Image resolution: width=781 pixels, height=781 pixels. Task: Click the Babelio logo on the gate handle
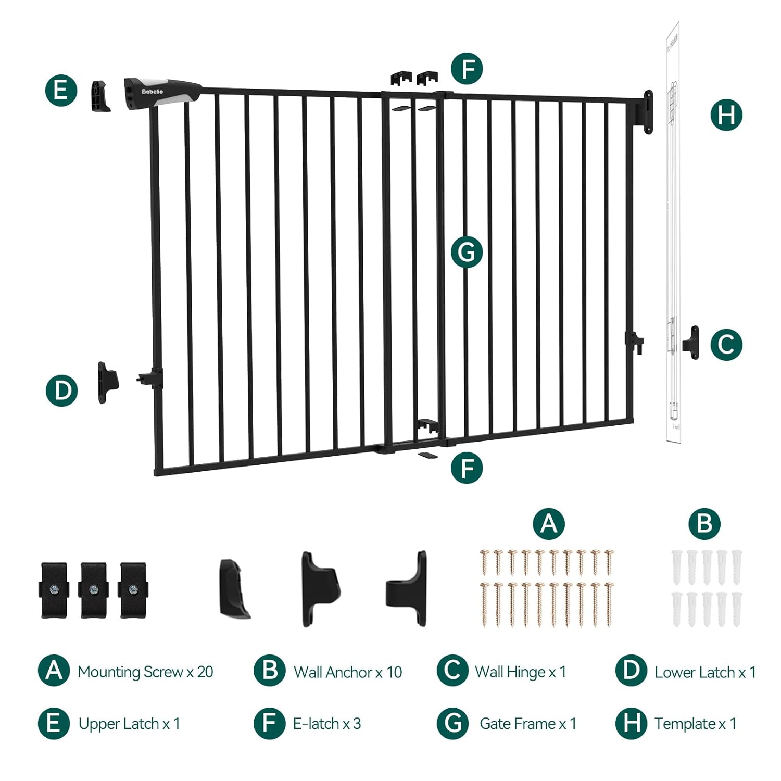[153, 92]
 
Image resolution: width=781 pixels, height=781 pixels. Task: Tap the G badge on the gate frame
[467, 253]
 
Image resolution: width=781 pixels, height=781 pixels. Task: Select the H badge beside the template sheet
[726, 115]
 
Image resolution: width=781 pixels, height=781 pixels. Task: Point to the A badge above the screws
[549, 523]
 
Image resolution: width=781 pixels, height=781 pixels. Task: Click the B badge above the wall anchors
[704, 523]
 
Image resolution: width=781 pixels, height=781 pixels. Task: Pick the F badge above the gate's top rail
[467, 68]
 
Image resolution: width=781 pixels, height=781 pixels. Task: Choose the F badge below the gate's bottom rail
[467, 467]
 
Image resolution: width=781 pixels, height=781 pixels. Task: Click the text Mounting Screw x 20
[145, 672]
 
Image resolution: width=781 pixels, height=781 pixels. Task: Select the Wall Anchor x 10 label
[348, 672]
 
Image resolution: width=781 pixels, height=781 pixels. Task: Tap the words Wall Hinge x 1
[520, 672]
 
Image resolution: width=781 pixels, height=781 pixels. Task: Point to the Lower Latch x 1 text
[705, 672]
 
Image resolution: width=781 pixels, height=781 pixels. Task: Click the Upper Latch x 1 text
[129, 724]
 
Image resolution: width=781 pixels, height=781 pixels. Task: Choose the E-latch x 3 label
[327, 724]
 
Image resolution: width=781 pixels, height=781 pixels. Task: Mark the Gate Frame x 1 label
[528, 724]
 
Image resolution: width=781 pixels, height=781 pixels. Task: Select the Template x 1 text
[695, 724]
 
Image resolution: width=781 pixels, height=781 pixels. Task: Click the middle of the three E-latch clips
[94, 590]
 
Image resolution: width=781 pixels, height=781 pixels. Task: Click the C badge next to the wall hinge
[726, 344]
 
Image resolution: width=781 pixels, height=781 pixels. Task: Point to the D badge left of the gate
[62, 391]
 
